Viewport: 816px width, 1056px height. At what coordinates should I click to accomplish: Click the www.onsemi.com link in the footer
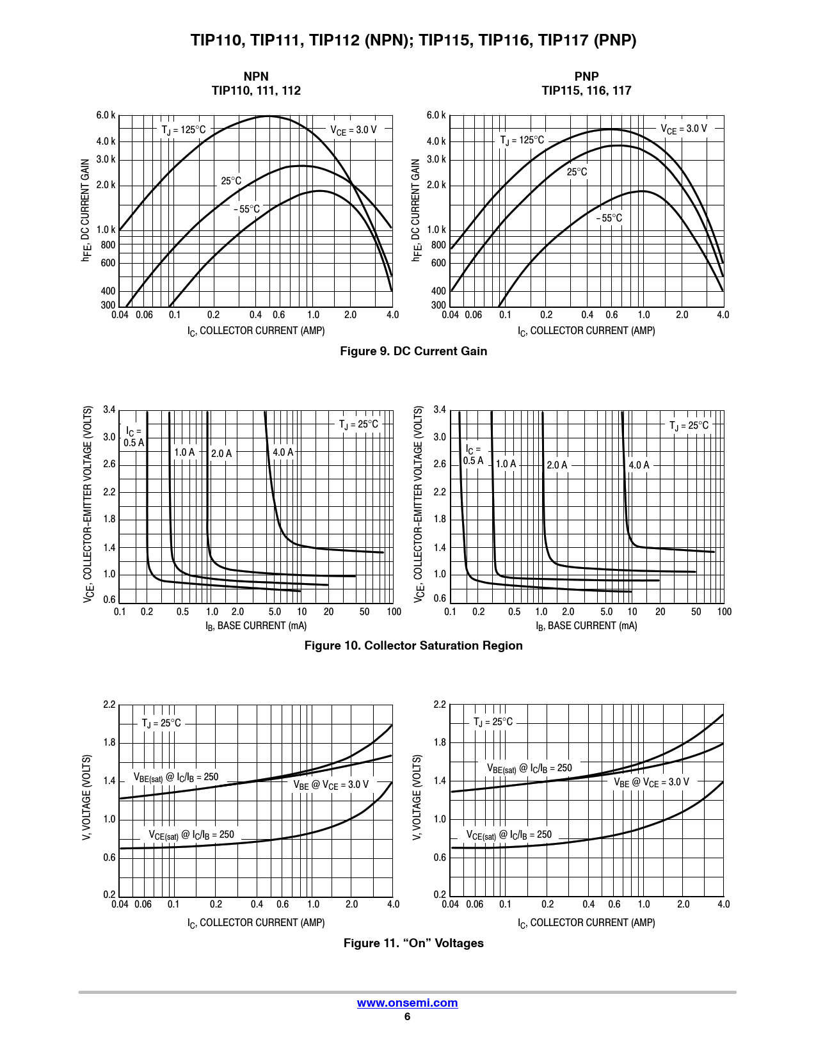(x=407, y=1003)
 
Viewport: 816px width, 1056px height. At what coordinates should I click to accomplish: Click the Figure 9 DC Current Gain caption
(x=413, y=351)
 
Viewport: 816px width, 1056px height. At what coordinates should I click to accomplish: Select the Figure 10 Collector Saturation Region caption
(x=413, y=646)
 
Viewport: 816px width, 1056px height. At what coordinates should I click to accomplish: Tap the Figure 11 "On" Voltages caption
(x=413, y=943)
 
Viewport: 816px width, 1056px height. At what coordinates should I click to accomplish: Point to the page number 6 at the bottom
(x=407, y=1017)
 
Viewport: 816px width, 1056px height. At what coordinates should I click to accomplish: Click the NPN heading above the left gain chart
(x=256, y=77)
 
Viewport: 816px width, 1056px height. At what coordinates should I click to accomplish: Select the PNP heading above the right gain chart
(x=586, y=77)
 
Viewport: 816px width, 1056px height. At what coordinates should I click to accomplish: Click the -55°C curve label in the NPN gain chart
(x=247, y=209)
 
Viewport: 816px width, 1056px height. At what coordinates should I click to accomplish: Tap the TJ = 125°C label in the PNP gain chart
(x=522, y=140)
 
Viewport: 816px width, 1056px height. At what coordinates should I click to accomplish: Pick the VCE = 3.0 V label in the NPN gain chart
(x=354, y=130)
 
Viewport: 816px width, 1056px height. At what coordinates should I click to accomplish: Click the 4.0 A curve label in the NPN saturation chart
(x=283, y=452)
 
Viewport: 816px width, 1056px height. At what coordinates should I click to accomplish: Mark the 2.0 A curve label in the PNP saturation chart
(x=557, y=465)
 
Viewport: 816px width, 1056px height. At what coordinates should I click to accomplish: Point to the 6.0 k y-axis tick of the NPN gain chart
(x=106, y=116)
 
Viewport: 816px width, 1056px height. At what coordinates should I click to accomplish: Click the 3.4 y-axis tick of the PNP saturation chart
(x=440, y=410)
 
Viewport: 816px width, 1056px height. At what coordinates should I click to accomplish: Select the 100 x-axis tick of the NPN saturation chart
(x=394, y=612)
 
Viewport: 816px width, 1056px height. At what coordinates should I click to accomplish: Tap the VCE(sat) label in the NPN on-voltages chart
(x=191, y=835)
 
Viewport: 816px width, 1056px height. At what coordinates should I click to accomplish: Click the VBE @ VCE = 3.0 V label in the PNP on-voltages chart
(x=652, y=782)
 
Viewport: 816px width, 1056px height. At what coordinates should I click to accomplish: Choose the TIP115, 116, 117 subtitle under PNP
(x=586, y=91)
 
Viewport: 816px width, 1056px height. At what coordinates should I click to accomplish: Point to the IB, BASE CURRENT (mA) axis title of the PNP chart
(x=586, y=626)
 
